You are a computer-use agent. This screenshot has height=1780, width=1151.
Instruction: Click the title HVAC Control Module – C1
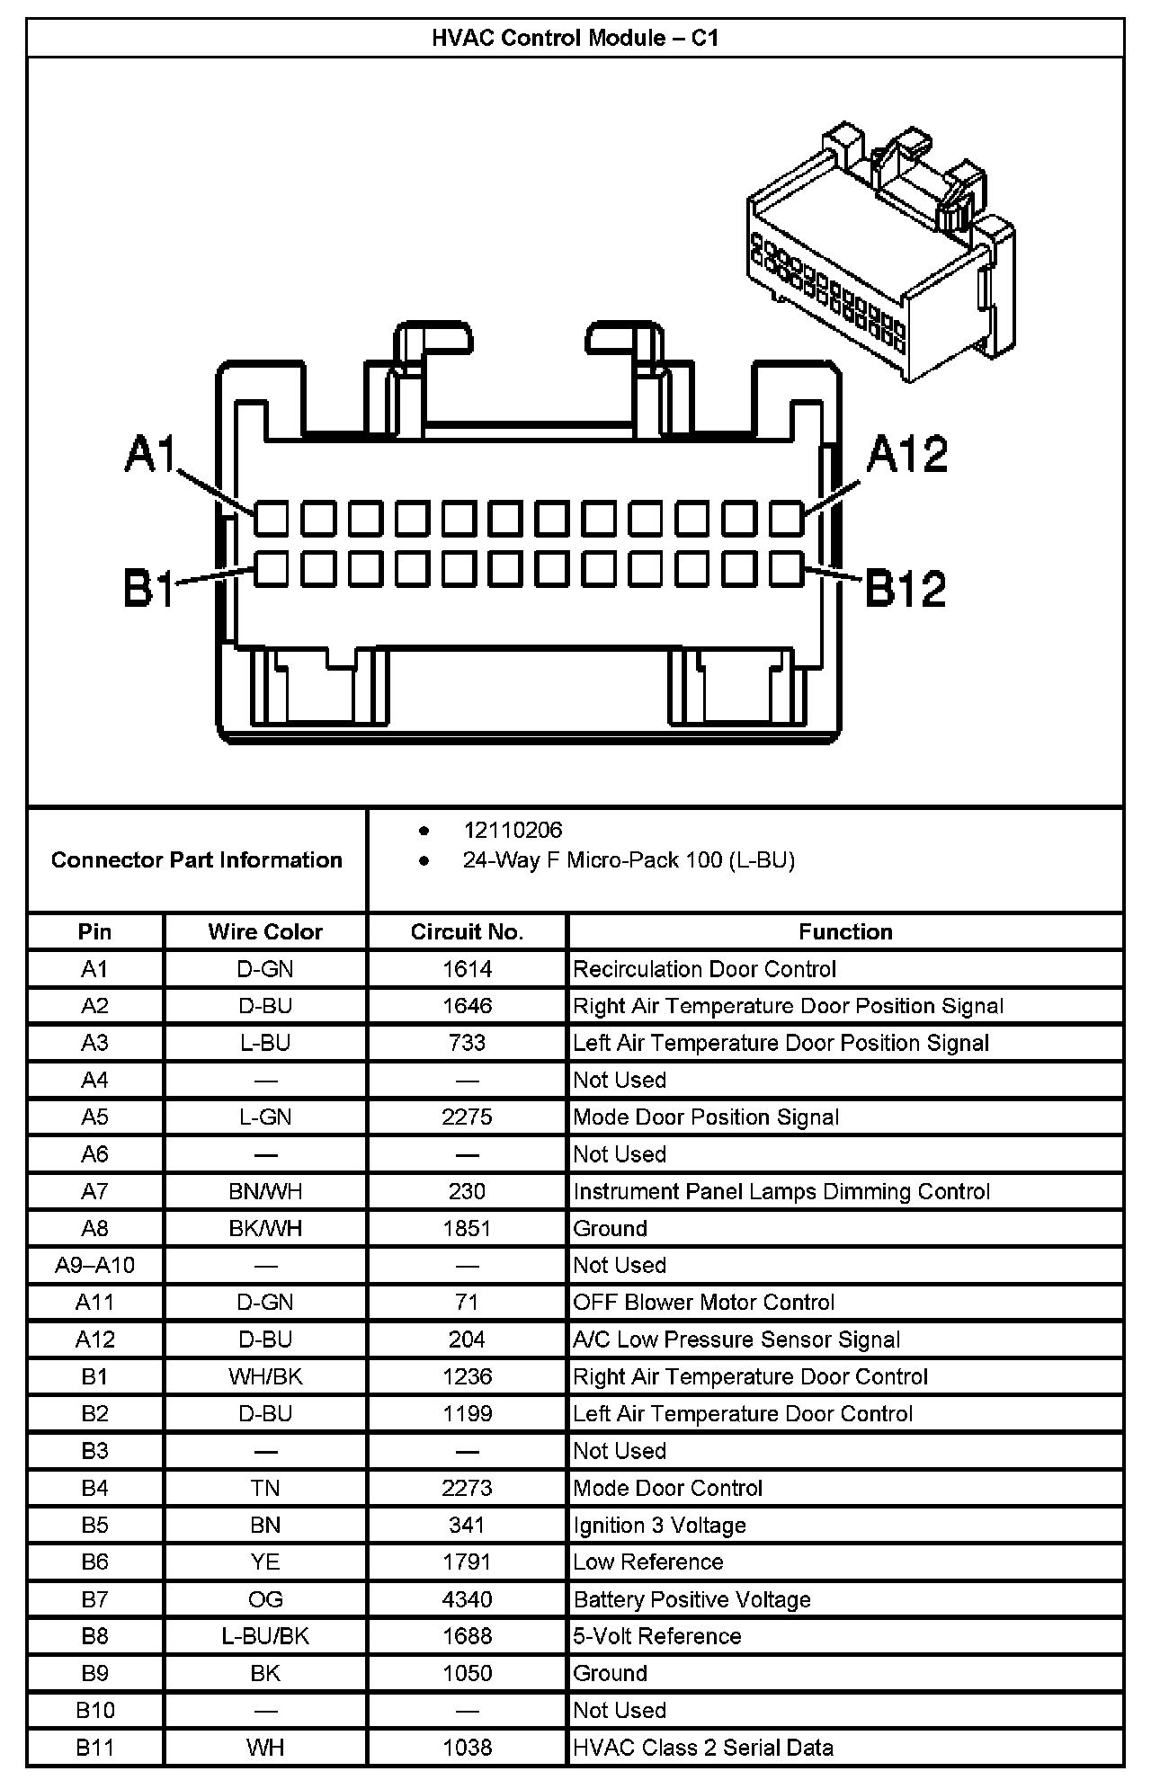[x=575, y=38]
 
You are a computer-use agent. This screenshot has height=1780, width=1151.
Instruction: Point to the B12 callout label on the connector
[x=905, y=589]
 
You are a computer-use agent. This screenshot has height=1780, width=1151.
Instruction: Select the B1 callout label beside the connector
[x=149, y=589]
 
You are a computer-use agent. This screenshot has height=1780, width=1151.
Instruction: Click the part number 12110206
[x=513, y=830]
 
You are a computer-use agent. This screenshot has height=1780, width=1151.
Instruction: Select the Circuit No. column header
[x=467, y=931]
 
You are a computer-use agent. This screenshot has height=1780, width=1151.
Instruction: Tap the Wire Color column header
[x=265, y=931]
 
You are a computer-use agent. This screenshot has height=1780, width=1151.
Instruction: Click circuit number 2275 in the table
[x=467, y=1117]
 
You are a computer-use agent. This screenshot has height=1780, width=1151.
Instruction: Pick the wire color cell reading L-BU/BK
[x=265, y=1636]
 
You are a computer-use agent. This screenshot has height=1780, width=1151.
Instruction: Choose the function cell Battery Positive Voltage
[x=692, y=1599]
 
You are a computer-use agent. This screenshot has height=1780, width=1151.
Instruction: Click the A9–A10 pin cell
[x=94, y=1265]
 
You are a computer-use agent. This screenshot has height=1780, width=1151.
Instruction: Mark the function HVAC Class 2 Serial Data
[x=703, y=1748]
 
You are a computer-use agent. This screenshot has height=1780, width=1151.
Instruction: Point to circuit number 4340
[x=467, y=1599]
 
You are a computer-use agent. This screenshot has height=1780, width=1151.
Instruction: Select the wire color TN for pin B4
[x=265, y=1488]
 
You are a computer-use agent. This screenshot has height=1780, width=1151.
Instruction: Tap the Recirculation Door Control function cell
[x=704, y=969]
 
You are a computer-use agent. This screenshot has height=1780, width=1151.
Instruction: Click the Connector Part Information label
[x=197, y=860]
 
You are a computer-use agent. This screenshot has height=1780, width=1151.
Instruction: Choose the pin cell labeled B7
[x=94, y=1599]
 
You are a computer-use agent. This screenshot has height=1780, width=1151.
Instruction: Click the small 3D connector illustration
[x=881, y=256]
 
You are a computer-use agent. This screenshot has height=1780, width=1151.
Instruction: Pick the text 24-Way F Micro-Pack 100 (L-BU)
[x=629, y=860]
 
